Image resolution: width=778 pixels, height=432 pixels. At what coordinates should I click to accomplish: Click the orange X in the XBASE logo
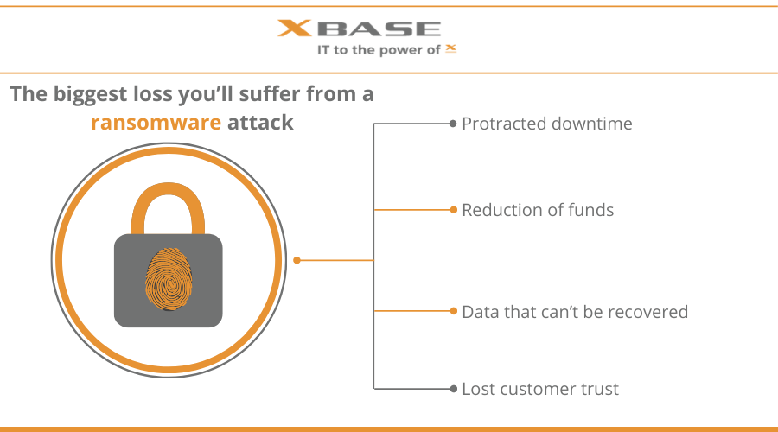(294, 29)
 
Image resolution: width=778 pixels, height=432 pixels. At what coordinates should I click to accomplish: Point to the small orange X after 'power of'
(450, 48)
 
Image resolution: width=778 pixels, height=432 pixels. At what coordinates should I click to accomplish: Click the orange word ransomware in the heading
(156, 123)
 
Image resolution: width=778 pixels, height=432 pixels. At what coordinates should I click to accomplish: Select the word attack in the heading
(260, 123)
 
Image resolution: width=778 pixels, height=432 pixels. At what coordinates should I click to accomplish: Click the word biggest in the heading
(90, 95)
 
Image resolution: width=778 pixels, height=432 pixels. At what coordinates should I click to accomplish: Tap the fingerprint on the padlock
(169, 279)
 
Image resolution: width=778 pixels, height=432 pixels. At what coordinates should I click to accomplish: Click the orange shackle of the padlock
(168, 208)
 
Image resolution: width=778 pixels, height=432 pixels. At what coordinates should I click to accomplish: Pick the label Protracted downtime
(547, 124)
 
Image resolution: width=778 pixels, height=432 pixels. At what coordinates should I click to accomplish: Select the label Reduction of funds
(538, 210)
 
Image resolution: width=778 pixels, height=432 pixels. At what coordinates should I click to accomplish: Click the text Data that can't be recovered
(575, 312)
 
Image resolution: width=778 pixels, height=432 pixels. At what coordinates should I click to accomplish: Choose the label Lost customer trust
(540, 390)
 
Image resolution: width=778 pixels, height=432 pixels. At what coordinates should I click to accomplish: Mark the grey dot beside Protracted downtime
(452, 124)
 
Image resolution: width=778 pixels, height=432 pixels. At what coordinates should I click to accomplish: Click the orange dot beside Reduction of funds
(454, 210)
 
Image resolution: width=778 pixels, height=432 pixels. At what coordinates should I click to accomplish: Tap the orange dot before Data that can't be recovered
(454, 311)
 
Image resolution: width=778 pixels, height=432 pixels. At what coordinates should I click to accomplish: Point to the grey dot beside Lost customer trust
(454, 389)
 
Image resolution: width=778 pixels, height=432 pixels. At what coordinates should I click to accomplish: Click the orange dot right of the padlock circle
(297, 260)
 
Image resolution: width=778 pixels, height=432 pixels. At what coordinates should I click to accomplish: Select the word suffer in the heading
(270, 93)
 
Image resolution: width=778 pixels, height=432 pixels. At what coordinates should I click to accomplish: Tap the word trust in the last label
(600, 390)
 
